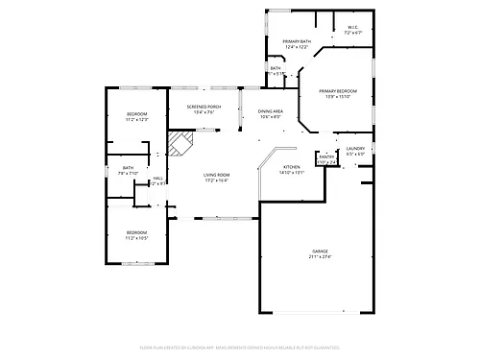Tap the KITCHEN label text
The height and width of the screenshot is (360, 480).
point(292,168)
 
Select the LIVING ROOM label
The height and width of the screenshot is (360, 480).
point(216,174)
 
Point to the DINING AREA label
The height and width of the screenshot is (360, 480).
point(270,111)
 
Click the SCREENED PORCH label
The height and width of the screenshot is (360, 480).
point(190,106)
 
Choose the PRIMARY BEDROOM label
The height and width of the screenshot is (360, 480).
point(337,89)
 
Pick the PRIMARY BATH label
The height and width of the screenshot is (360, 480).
point(296,41)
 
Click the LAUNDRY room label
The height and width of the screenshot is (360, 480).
point(355,148)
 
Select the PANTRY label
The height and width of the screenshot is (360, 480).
point(326,156)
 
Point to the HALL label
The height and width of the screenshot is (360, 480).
point(157,178)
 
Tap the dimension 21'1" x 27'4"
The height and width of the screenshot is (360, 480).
point(320,256)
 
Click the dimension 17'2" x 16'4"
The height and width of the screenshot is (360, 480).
point(216,180)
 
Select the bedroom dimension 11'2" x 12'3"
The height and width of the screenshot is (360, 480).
point(137,120)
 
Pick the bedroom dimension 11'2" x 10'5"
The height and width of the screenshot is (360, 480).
point(135,238)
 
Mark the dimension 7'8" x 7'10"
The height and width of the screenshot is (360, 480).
point(128,174)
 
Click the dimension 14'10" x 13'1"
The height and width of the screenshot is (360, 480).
point(292,174)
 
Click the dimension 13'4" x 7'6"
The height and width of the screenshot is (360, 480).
point(190,112)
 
